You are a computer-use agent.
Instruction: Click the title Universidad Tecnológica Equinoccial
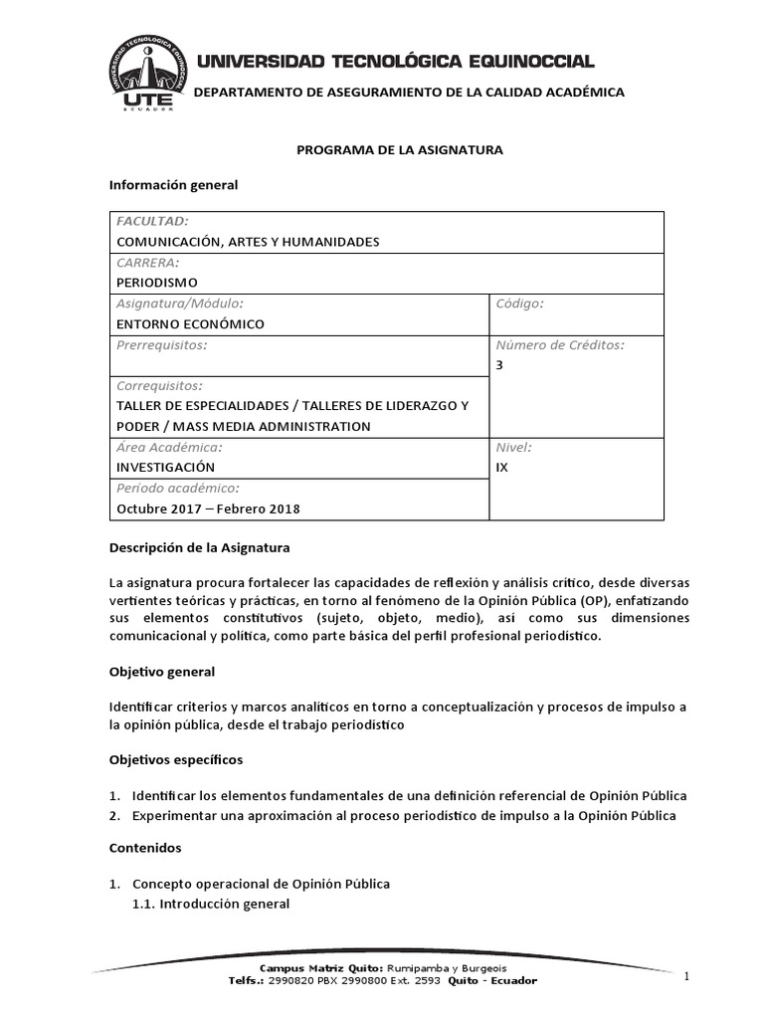396,62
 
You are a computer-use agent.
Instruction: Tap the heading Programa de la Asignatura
401,149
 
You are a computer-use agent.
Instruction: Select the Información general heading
173,185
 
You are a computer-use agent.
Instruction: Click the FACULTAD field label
153,221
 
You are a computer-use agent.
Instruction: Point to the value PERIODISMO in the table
157,282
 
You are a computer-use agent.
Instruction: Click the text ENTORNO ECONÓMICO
191,323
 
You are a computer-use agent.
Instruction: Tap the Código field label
519,303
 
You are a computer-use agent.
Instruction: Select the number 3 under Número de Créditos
499,365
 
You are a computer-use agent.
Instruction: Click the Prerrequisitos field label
162,344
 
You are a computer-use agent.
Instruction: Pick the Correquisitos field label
160,385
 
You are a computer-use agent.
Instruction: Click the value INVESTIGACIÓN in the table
165,466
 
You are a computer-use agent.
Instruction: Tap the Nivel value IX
501,466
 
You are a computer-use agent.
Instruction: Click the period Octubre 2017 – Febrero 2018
208,509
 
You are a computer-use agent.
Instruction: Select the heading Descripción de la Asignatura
199,547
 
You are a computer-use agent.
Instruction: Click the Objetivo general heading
162,672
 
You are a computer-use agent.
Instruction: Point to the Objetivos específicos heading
175,759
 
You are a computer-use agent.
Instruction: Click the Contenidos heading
145,848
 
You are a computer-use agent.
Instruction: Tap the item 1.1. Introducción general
211,904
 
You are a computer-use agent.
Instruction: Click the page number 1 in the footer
686,977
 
